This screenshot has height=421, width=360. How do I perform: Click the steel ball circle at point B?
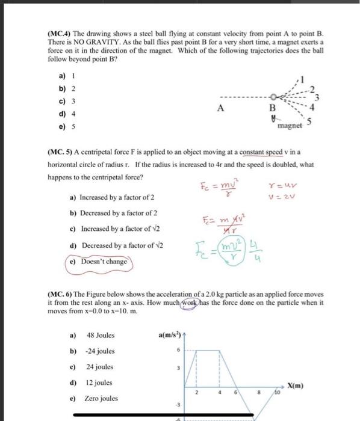tap(273, 97)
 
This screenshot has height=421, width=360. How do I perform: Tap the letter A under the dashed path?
tap(221, 109)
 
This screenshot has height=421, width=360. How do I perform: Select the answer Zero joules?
tap(101, 398)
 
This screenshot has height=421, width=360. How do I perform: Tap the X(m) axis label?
tap(294, 384)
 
